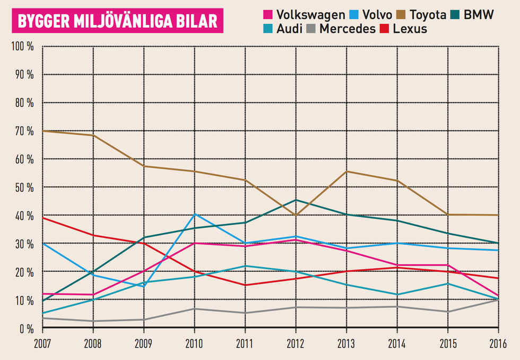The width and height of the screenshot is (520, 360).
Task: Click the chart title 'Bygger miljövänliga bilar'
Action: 117,21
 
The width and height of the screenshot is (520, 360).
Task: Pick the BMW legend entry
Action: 478,14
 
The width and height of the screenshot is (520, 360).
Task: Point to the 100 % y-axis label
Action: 22,47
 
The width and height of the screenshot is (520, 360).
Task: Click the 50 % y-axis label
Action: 23,188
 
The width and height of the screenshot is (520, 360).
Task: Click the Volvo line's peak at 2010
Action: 194,214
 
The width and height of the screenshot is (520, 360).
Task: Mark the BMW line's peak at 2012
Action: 296,200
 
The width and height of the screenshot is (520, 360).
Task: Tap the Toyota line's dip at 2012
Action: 296,216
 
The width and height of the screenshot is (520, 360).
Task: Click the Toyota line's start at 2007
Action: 43,131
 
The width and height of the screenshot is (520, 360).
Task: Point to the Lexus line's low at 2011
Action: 245,285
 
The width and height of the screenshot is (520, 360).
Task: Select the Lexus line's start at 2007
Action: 43,218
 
